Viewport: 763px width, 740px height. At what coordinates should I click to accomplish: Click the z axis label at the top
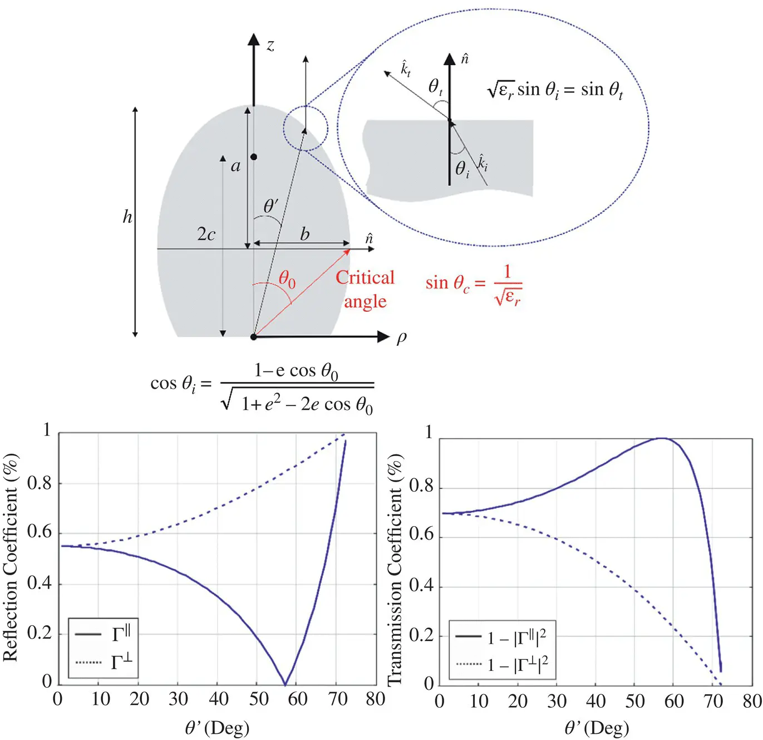tap(270, 45)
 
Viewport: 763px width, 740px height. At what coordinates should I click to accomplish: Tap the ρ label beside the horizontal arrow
tap(401, 338)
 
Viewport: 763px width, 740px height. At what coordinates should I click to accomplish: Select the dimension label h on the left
tap(127, 217)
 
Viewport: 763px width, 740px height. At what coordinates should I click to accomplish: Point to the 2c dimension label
tap(206, 234)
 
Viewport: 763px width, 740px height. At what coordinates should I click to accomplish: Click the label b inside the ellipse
tap(304, 234)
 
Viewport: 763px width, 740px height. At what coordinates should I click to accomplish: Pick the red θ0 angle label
tap(287, 278)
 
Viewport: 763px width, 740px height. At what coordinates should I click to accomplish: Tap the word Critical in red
tap(365, 277)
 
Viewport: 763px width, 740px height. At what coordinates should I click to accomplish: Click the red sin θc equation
tap(474, 285)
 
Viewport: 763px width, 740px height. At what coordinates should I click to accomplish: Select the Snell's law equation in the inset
tap(555, 90)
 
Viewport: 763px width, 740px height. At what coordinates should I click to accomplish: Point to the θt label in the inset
tap(435, 87)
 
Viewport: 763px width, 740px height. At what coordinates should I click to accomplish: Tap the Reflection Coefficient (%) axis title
tap(11, 557)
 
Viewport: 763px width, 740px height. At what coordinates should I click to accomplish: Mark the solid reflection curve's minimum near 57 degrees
tap(285, 684)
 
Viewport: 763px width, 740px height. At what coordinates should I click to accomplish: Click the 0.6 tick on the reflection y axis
tap(40, 532)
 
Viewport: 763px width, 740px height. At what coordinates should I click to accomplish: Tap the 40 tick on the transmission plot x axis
tap(595, 701)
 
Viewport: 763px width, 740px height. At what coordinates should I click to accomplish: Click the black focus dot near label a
tap(254, 157)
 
